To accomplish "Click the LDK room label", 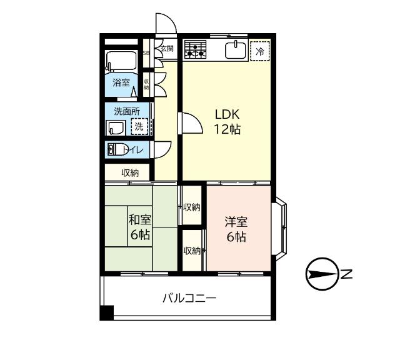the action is tap(227, 122).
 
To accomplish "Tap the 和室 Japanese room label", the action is tap(140, 227).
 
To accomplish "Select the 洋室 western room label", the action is tap(236, 229).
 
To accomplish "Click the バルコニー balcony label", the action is tap(189, 298).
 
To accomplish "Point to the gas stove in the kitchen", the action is tap(196, 49).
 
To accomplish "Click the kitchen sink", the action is tap(236, 50).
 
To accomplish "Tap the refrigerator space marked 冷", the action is tap(260, 51).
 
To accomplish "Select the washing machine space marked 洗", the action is tap(139, 126).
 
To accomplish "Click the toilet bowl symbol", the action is tap(117, 149).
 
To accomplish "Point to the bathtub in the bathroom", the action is tap(121, 61).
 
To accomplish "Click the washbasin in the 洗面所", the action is tap(116, 128).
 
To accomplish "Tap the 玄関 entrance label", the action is tap(167, 48).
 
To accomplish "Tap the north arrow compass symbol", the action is tap(322, 274).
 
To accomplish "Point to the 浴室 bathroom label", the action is tap(121, 82).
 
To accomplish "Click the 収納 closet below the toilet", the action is tap(127, 172).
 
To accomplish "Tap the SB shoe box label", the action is tap(146, 53).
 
